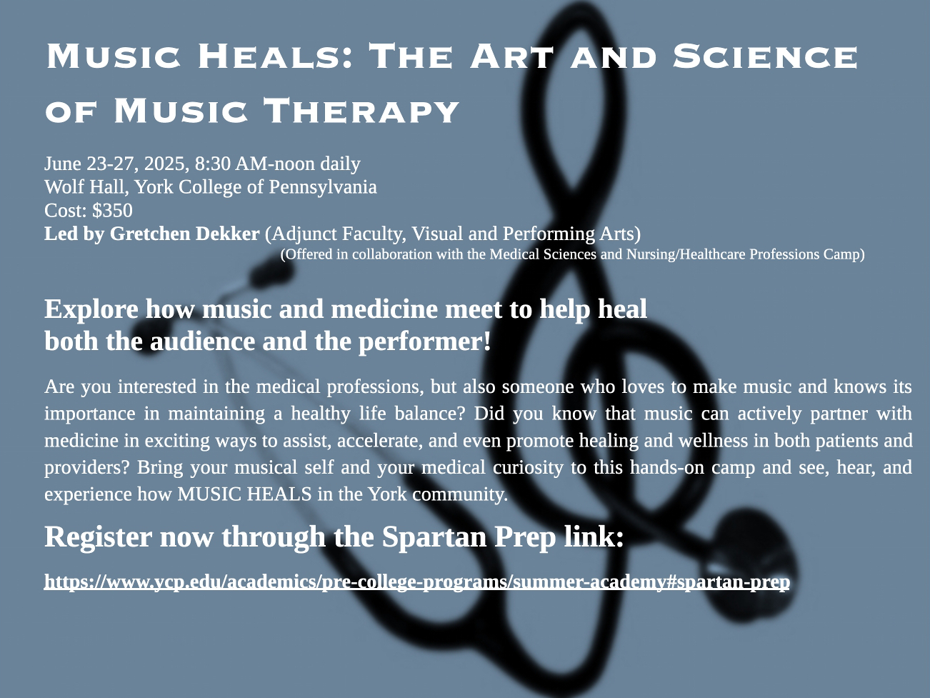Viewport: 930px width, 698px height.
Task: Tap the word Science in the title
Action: coord(765,56)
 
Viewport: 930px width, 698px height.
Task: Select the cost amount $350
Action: coord(112,211)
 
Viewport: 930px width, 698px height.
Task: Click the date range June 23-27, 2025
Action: coord(114,164)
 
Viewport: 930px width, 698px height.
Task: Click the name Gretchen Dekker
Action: coord(185,234)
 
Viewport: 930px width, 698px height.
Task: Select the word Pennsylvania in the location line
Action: coord(322,187)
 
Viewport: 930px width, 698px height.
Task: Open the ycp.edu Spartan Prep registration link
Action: coord(417,582)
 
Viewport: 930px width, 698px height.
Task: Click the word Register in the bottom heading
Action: coord(98,537)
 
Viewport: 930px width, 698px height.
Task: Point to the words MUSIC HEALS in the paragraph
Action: coord(244,494)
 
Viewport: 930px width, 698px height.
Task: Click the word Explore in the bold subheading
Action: coord(91,309)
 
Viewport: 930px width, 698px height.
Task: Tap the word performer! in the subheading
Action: coord(424,341)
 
